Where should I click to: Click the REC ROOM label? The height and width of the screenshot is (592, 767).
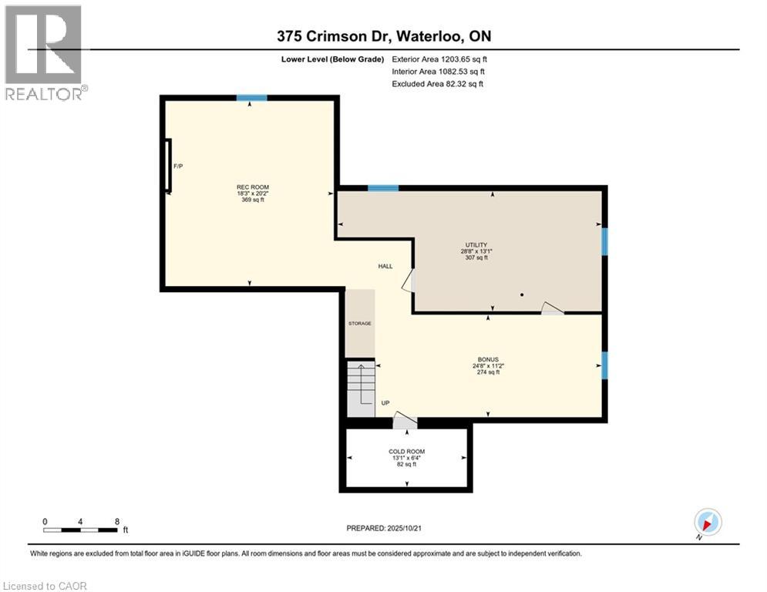point(253,187)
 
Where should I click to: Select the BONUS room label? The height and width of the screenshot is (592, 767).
point(487,359)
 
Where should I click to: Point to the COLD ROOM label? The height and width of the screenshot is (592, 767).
point(406,452)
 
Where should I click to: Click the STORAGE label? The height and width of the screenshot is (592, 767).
point(359,323)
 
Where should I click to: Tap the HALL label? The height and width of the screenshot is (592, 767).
point(385,266)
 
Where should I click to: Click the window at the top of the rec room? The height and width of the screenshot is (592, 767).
point(251,98)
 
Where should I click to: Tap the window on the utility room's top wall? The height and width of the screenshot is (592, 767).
point(383,188)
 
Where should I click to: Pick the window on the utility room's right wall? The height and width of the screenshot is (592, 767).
point(604,241)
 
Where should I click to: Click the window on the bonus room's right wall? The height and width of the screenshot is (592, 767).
point(604,365)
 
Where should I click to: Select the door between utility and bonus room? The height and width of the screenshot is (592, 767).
point(552,308)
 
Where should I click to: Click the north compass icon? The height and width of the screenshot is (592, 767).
point(707,523)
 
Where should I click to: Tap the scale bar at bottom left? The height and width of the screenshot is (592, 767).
point(80,530)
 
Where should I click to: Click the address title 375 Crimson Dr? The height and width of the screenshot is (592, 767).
point(382,36)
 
